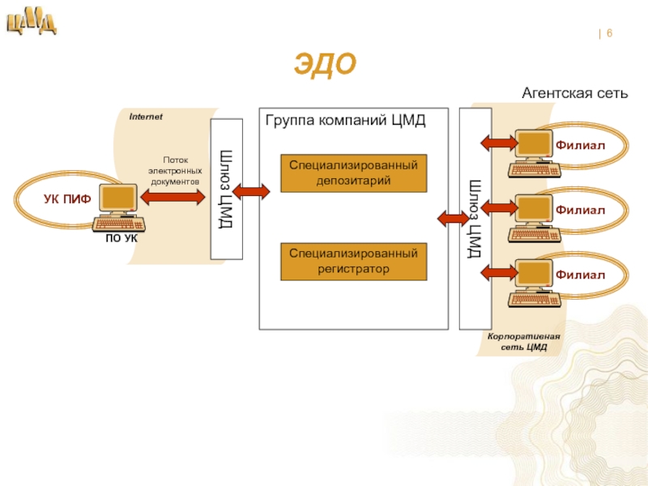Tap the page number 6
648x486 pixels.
point(608,33)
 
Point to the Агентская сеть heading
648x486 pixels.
point(574,93)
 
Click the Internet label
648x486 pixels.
point(146,117)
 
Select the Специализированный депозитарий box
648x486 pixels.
point(353,173)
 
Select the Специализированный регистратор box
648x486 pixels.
point(353,261)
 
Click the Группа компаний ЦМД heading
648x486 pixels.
point(345,121)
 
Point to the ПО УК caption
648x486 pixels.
point(122,239)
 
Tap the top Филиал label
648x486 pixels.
point(581,144)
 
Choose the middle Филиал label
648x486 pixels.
point(581,210)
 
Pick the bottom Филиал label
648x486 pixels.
point(581,275)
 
